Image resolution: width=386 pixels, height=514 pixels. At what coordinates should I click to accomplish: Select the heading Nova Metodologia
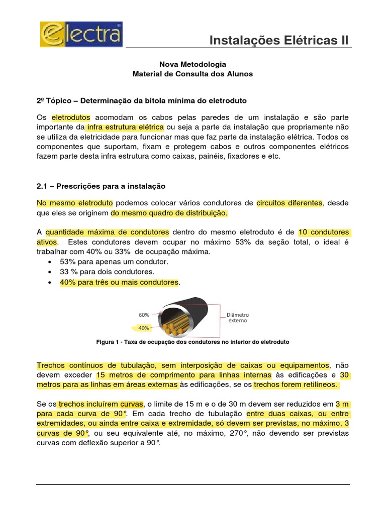(x=192, y=64)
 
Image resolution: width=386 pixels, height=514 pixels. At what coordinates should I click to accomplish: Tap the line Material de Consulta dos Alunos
(x=192, y=74)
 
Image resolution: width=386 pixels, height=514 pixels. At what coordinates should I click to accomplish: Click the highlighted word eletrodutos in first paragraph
(x=71, y=117)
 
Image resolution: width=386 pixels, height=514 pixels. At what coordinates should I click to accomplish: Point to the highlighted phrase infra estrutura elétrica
(x=125, y=127)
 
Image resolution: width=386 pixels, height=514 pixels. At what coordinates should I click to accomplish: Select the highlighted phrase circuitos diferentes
(x=289, y=203)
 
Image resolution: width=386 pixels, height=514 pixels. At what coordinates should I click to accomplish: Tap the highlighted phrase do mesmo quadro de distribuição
(x=169, y=213)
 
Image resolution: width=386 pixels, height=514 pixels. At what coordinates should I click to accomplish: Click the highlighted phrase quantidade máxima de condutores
(x=107, y=232)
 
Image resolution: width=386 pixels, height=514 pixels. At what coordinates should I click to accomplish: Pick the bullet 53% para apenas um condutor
(x=114, y=262)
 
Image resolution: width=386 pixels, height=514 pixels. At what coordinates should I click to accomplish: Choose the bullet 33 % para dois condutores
(x=110, y=272)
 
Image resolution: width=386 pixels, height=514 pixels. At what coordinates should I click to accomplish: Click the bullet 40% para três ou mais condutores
(x=119, y=282)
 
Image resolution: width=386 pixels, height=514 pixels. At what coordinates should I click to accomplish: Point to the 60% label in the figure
(x=144, y=315)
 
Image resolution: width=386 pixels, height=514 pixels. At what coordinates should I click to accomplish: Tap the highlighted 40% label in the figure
(x=144, y=328)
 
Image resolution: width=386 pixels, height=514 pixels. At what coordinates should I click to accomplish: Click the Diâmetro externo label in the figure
(x=237, y=318)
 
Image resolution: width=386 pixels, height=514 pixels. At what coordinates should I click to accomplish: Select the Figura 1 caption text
(x=192, y=342)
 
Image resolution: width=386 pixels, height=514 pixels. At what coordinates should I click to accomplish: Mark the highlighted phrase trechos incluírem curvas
(x=101, y=404)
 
